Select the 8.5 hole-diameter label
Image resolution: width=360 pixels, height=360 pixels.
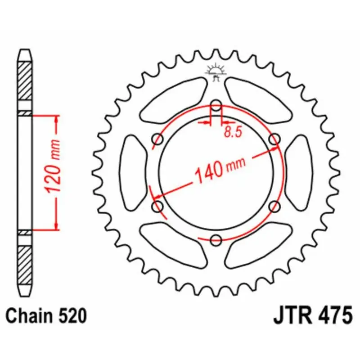pyautogui.click(x=233, y=132)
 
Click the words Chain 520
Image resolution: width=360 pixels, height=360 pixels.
pyautogui.click(x=46, y=316)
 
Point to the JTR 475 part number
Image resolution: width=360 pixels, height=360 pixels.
pyautogui.click(x=312, y=316)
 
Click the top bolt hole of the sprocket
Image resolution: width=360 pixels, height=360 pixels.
pyautogui.click(x=216, y=106)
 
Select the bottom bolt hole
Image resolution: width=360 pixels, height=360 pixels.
pyautogui.click(x=216, y=240)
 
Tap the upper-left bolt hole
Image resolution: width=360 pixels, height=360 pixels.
pyautogui.click(x=158, y=139)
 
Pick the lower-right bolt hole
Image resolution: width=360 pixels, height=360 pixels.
pyautogui.click(x=274, y=207)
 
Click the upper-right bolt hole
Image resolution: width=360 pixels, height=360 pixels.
pyautogui.click(x=274, y=139)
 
